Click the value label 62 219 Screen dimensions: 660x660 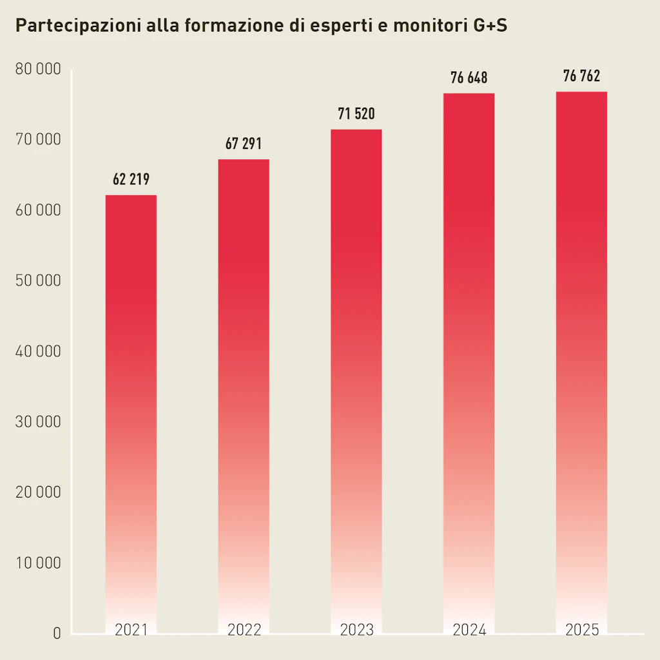tap(131, 180)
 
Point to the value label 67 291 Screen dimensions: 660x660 tap(244, 144)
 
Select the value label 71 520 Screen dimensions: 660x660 tap(356, 115)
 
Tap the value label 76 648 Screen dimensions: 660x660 tap(469, 79)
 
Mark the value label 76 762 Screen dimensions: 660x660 tap(581, 77)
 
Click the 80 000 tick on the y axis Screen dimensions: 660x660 tap(37, 70)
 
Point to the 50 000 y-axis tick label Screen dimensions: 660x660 tap(37, 281)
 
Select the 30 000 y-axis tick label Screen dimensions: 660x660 tap(37, 422)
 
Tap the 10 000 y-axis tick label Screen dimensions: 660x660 tap(37, 563)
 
